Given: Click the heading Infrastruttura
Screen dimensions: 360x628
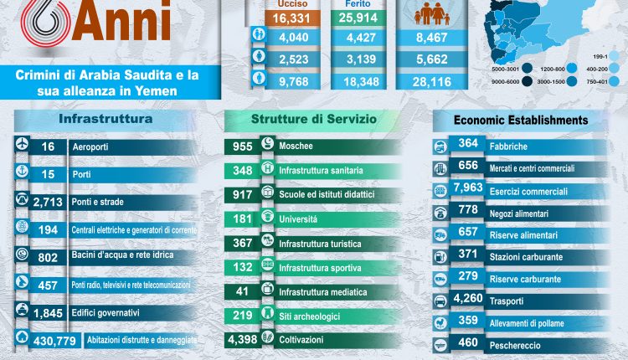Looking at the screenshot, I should pos(106,119).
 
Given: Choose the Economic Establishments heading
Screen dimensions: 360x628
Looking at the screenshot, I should pos(520,120).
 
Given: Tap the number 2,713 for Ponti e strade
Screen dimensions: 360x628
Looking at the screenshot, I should pos(53,202).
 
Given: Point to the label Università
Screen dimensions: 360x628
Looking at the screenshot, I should pos(297,219).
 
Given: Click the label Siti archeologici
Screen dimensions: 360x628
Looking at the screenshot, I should pos(311,317).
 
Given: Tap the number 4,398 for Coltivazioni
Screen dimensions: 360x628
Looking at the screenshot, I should pos(247,341).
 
